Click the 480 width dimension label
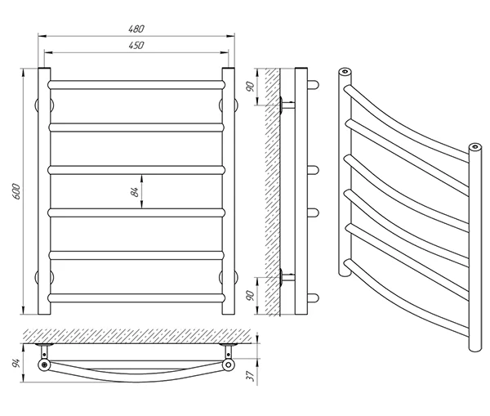click(x=136, y=29)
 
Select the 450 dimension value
click(x=136, y=46)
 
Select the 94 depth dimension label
click(x=17, y=360)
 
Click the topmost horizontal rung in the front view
click(x=136, y=83)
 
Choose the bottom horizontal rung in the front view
click(x=136, y=297)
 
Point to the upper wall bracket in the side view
click(x=285, y=105)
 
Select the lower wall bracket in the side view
click(x=285, y=275)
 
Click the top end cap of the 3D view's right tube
click(x=474, y=148)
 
